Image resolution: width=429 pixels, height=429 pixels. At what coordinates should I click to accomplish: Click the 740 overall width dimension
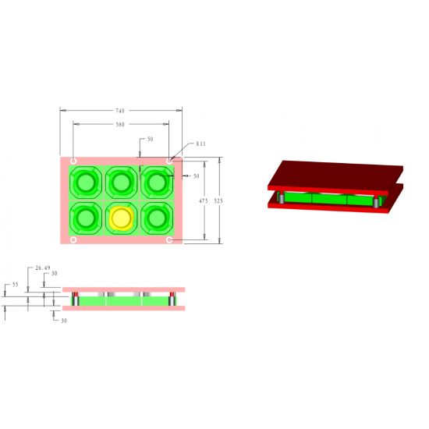(119, 111)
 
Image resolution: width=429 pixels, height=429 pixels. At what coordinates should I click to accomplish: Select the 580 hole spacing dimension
(119, 124)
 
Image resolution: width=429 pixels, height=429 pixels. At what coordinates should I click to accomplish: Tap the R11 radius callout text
(200, 144)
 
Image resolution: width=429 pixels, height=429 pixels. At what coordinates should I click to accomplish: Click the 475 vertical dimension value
(203, 200)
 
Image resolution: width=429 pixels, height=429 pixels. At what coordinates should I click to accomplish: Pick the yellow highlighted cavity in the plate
(121, 218)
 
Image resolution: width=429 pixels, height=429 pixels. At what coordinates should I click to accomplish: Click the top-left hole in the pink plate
(73, 161)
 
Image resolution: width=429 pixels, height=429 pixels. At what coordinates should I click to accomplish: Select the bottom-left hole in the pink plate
(73, 240)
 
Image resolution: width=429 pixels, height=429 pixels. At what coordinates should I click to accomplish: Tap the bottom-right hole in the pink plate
(169, 240)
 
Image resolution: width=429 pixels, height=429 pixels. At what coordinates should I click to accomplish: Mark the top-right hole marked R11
(169, 161)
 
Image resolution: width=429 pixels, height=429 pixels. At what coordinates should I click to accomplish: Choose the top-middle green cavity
(121, 183)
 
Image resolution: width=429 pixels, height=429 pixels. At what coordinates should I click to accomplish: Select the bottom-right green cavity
(157, 218)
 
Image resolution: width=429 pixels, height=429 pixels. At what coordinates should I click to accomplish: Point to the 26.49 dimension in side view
(43, 268)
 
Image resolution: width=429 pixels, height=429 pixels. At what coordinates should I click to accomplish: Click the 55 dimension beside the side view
(14, 285)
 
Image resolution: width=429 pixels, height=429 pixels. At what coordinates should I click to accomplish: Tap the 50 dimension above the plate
(150, 140)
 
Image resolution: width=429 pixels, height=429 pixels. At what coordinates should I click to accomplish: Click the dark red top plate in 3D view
(335, 172)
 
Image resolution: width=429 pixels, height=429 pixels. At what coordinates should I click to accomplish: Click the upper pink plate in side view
(123, 289)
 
